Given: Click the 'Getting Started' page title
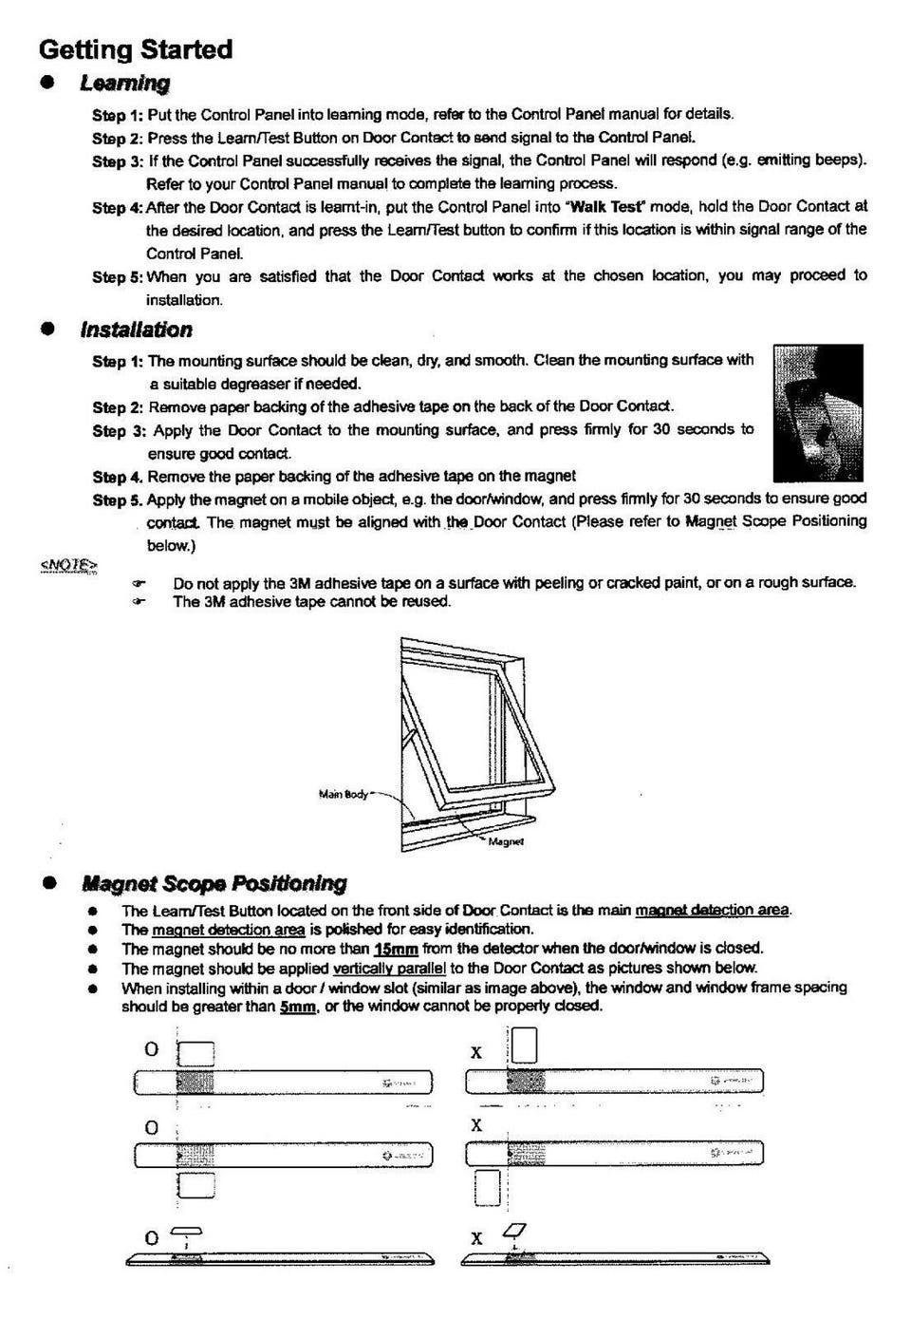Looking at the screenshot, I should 136,49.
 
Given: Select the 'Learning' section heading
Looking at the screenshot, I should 124,84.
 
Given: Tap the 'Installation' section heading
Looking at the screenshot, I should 136,330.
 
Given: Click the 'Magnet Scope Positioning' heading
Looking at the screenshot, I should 214,883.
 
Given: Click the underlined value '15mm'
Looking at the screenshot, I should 396,949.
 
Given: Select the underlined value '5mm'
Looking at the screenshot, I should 297,1007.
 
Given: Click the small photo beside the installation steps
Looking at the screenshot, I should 817,413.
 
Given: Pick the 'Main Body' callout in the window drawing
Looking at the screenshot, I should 343,794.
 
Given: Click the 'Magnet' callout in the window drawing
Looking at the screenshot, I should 506,841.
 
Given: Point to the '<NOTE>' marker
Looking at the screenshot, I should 68,566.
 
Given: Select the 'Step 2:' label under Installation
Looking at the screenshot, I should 118,407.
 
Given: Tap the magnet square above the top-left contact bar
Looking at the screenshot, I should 196,1052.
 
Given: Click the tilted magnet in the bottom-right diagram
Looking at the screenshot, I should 517,1231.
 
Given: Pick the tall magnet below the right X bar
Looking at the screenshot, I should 487,1188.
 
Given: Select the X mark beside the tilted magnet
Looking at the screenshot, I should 476,1238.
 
